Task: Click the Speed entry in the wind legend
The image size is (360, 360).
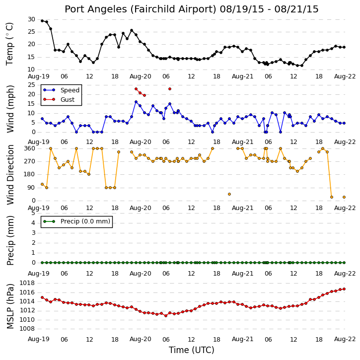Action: pos(70,90)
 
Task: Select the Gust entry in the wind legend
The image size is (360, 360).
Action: pos(67,100)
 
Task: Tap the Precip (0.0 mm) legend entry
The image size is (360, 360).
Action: pos(85,221)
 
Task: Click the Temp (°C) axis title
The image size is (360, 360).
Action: pos(9,44)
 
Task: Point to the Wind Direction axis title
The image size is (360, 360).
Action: pos(10,175)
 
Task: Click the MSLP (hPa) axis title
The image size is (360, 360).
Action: pos(10,306)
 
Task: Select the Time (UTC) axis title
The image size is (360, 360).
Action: pos(192,350)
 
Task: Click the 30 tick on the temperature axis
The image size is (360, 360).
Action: pos(31,19)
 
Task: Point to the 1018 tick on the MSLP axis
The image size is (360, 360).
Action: pos(27,283)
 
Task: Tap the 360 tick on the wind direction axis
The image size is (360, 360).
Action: pos(30,148)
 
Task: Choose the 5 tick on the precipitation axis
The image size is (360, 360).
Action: pos(33,213)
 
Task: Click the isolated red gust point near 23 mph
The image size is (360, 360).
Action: pos(170,89)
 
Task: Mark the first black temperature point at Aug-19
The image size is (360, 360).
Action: pos(42,21)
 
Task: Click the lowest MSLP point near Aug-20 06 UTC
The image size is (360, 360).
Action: pos(166,316)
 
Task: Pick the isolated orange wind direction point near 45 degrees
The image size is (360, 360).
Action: pos(229,194)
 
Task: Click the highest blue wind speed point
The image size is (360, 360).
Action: pos(136,102)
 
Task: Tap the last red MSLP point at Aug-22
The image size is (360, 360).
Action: pos(344,289)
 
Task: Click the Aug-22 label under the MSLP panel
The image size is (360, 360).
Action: pos(345,339)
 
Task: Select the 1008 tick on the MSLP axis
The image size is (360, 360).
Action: pos(27,329)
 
